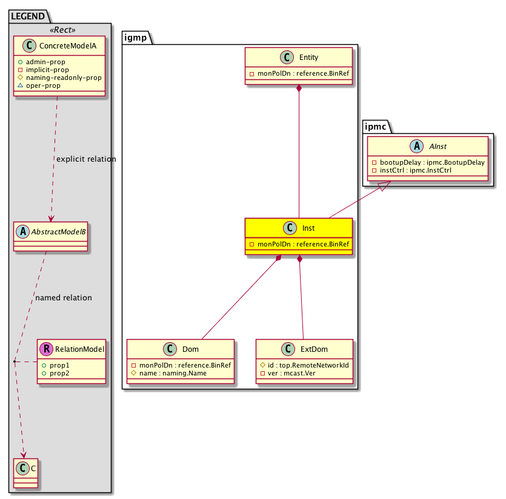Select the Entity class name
[310, 58]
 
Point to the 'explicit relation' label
[86, 159]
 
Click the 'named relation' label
[64, 298]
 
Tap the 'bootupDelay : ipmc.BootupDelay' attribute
[430, 163]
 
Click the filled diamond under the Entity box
[299, 89]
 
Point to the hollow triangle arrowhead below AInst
[382, 188]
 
